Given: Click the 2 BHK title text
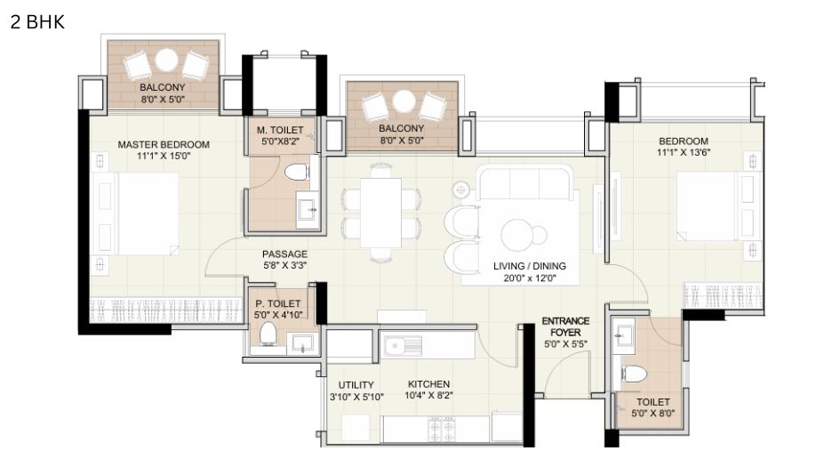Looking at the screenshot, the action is coord(37,22).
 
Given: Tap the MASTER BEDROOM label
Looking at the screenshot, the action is coord(164,145).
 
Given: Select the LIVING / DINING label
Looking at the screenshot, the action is coord(529,266).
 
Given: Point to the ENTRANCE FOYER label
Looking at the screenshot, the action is coord(565,326).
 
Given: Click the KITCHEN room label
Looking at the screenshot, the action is coord(428,384).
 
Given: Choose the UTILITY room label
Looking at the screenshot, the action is coord(356,385).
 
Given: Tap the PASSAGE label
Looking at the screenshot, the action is coord(284,254).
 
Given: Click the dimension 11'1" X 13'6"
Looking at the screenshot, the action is coord(683,152).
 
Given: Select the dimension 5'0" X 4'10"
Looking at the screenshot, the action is coord(278,315).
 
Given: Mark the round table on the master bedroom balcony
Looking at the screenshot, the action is coord(166,60).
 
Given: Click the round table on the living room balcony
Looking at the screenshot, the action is coord(404,101).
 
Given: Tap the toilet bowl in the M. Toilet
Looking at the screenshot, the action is coord(296,172).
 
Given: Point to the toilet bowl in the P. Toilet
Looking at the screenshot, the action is coord(268,334).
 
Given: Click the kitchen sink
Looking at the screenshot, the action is coord(403,346).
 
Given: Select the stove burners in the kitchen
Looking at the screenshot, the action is coord(442,429).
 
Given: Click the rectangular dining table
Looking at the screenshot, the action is coord(381,213).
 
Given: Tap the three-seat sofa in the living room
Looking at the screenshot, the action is coord(524,182).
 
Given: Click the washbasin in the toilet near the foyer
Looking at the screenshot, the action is coord(623,335).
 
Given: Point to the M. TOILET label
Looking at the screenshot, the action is coord(280,130).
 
